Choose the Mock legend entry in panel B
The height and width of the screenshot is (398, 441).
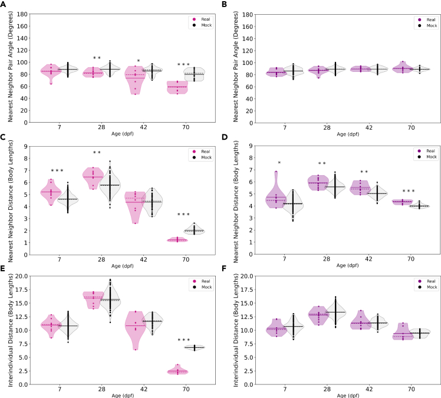coord(427,25)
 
